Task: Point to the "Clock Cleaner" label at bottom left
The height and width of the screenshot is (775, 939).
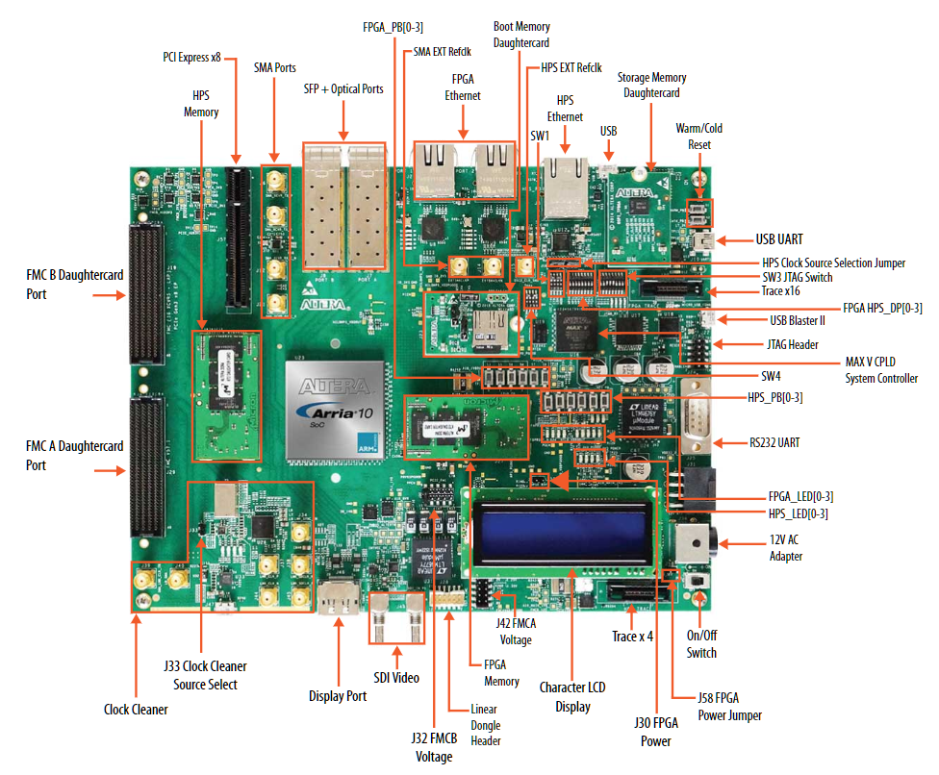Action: point(136,710)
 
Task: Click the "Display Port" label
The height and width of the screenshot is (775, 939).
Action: point(338,696)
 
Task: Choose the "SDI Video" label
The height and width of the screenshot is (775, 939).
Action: point(394,678)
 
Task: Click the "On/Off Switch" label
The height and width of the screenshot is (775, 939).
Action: point(701,642)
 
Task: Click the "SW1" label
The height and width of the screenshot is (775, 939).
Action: point(540,137)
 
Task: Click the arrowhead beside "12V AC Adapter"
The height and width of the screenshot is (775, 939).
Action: point(726,545)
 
